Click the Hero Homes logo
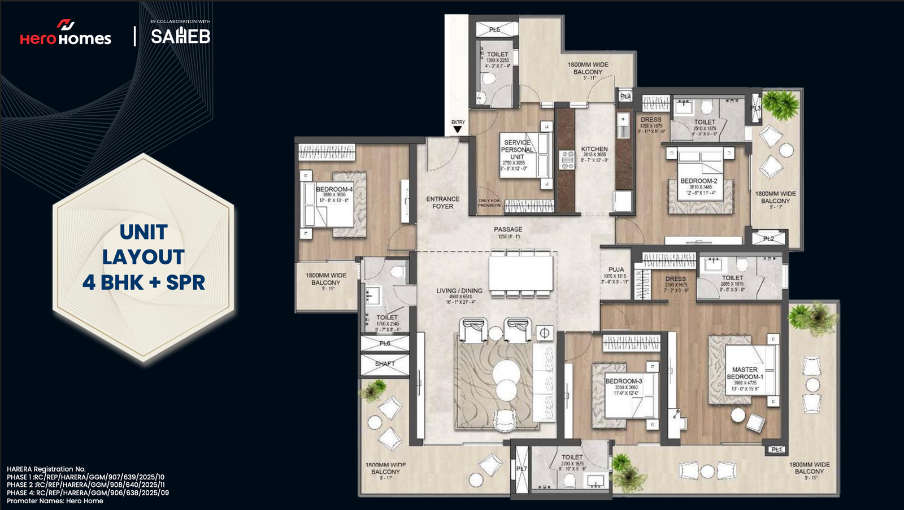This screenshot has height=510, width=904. (66, 33)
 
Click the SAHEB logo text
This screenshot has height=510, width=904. (180, 36)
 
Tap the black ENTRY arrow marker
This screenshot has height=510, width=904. (458, 129)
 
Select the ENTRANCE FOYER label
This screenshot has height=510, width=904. (442, 203)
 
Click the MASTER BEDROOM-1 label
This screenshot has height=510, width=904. (745, 373)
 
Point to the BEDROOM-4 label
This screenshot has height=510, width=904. (334, 189)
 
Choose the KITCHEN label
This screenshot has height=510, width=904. (594, 149)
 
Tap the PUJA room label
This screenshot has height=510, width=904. (616, 270)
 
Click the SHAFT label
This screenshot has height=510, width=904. (385, 364)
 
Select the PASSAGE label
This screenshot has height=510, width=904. (508, 229)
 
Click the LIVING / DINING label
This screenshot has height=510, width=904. (459, 291)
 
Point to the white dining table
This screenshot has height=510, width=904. (520, 273)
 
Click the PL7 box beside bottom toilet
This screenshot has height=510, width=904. (521, 469)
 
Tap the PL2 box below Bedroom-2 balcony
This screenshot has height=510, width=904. (768, 238)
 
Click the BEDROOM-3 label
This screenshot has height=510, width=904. (624, 381)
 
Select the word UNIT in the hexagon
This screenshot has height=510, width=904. (144, 232)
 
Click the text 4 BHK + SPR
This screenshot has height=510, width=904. (144, 282)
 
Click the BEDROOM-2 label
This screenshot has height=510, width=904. (698, 181)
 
